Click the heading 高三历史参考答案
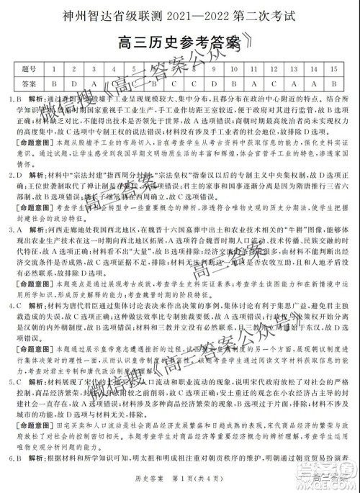[180, 42]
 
